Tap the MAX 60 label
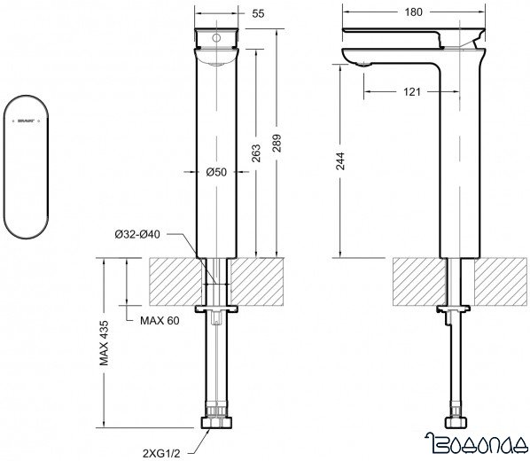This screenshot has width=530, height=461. point(160,319)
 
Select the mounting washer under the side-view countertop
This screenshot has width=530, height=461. point(453,309)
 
